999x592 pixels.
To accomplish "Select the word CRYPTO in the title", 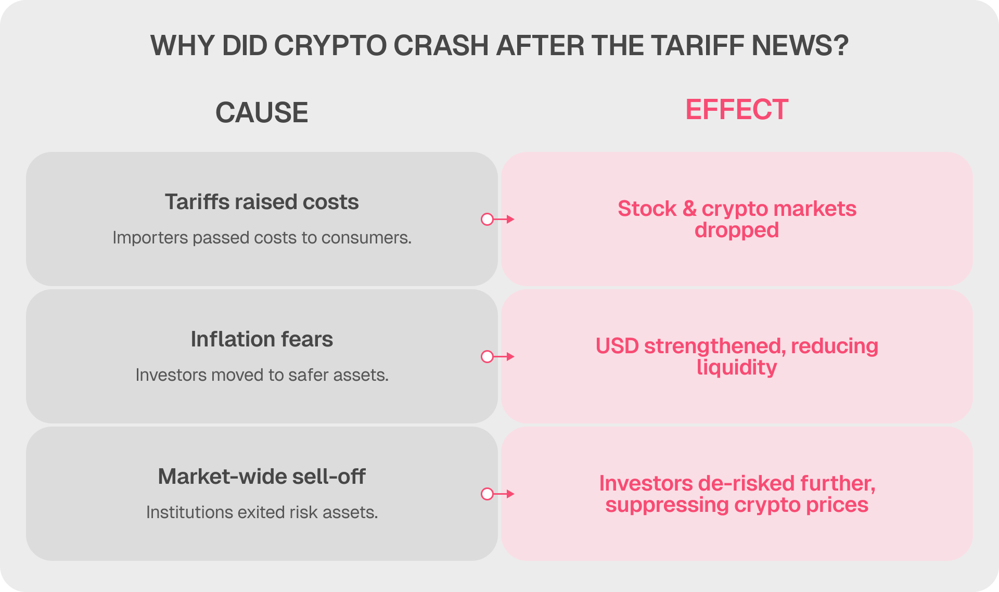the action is coord(330,45).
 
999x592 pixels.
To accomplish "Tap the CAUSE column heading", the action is coord(262,112).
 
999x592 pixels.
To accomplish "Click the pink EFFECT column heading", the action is coord(737,110).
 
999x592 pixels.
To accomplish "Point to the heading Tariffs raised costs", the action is coord(262,202).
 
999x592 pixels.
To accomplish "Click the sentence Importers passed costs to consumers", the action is coord(262,238).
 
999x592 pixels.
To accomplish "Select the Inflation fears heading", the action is coord(262,339).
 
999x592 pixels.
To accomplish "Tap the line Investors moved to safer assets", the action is coord(262,375).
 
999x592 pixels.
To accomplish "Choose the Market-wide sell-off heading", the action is coord(262,477).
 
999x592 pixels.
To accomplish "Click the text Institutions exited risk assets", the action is coord(262,512).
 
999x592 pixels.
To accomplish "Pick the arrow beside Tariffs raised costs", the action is coord(497,219).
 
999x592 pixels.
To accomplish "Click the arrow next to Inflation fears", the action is coord(497,356).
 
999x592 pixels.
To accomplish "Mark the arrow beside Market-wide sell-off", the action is coord(497,494).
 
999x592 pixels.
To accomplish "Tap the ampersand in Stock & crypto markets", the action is coord(689,209).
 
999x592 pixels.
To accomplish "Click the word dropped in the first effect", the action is coord(737,230).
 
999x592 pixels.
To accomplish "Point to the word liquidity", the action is coord(737,368).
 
